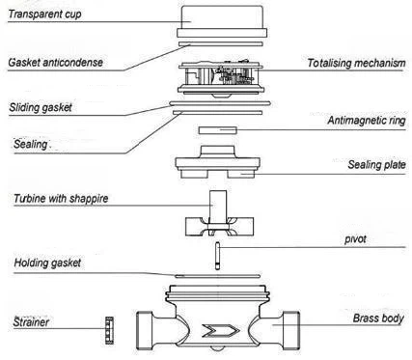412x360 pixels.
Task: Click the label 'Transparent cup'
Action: [44, 14]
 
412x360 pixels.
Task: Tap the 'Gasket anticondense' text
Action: [56, 63]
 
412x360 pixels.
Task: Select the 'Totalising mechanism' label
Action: [356, 63]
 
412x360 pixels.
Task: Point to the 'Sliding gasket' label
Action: [41, 107]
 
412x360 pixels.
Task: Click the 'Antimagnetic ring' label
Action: [367, 121]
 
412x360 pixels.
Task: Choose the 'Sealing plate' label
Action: [376, 165]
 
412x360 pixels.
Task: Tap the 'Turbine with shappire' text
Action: [61, 199]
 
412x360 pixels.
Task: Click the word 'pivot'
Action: [355, 239]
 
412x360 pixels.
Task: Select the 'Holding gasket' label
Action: [47, 263]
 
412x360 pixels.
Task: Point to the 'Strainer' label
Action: [31, 322]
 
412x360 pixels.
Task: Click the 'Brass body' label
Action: [378, 318]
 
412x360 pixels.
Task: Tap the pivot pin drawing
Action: [218, 256]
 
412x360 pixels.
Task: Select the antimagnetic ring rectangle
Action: [218, 130]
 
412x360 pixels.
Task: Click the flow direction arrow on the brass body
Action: [221, 331]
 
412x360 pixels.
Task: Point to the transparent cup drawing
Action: [222, 21]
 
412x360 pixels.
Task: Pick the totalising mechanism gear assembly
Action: [222, 78]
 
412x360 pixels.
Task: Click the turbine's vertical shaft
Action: [218, 207]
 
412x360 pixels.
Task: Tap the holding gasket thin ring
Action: [217, 276]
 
